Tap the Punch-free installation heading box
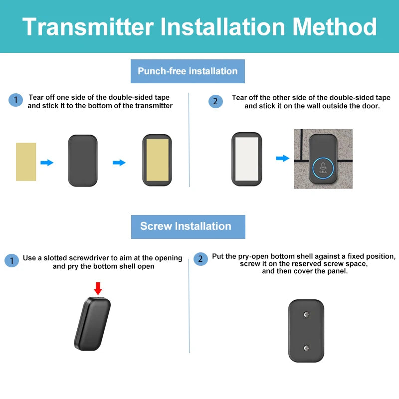pyautogui.click(x=188, y=71)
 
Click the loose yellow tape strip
pyautogui.click(x=26, y=162)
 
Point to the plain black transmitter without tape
pyautogui.click(x=83, y=161)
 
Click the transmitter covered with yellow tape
pyautogui.click(x=157, y=161)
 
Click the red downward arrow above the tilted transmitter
pyautogui.click(x=98, y=288)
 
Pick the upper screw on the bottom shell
pyautogui.click(x=307, y=315)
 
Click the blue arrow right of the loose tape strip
pyautogui.click(x=47, y=163)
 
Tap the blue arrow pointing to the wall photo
pyautogui.click(x=282, y=158)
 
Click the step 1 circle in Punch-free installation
pyautogui.click(x=15, y=100)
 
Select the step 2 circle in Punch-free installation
pyautogui.click(x=215, y=101)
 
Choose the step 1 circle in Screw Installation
pyautogui.click(x=11, y=260)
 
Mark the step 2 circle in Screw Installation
pyautogui.click(x=200, y=259)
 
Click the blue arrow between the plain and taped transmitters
pyautogui.click(x=119, y=163)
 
